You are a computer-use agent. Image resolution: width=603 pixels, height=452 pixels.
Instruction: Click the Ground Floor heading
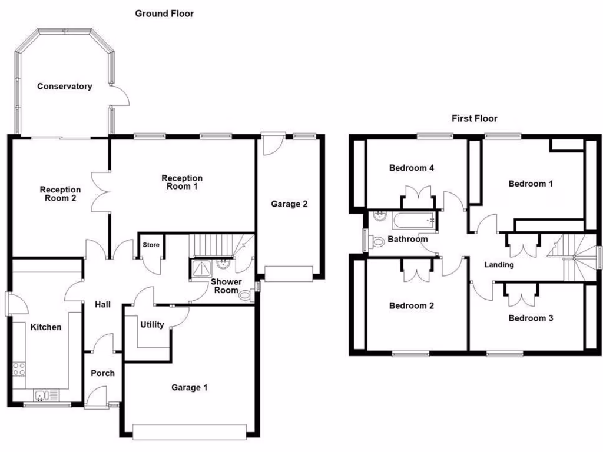(164, 13)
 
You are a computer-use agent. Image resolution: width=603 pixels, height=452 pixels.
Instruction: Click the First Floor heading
(474, 118)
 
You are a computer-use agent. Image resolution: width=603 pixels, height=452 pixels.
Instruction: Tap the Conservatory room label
(65, 87)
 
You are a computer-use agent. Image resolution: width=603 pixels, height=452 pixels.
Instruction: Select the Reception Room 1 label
(182, 182)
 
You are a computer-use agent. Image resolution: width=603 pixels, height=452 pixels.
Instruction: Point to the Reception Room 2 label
(60, 194)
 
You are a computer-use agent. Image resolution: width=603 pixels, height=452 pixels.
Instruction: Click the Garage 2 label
(289, 204)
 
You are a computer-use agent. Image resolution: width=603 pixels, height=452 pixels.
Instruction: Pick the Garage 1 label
(190, 387)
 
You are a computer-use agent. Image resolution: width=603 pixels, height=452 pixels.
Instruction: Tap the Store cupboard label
(151, 245)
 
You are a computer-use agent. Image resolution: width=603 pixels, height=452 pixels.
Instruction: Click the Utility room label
(152, 324)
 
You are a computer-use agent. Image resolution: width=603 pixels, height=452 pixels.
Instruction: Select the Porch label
(102, 373)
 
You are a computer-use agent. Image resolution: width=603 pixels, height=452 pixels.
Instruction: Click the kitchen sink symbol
(45, 395)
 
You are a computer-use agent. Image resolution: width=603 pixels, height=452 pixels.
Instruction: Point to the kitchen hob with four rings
(19, 369)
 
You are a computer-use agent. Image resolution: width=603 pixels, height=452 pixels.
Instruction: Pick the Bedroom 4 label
(412, 168)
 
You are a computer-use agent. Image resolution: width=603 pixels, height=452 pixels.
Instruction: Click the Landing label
(499, 265)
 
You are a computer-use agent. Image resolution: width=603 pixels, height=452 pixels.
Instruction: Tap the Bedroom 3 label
(531, 318)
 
